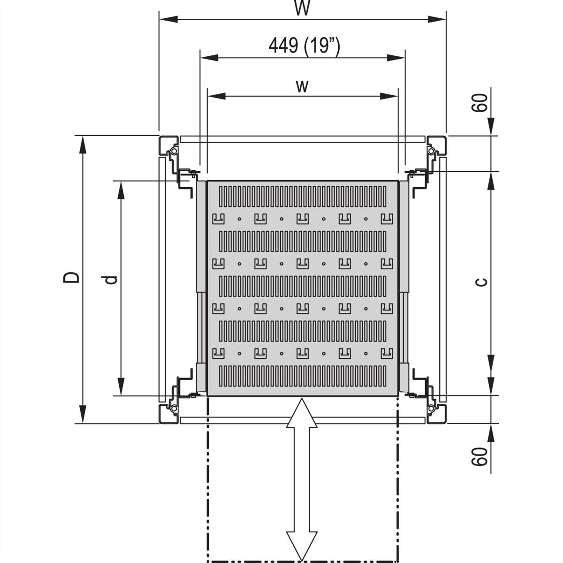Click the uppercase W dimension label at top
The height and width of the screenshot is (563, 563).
pos(303,8)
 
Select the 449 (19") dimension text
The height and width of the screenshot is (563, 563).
pos(304,46)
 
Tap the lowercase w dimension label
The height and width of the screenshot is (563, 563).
pos(303,86)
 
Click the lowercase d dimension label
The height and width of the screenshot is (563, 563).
pos(110,280)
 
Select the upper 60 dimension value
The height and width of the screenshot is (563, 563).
pos(479,103)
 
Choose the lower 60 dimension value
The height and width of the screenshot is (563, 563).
pos(479,456)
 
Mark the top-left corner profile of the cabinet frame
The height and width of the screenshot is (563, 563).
pos(168,145)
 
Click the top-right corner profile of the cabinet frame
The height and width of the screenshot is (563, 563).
pos(436,145)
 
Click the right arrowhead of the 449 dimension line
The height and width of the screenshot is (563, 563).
pos(396,58)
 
